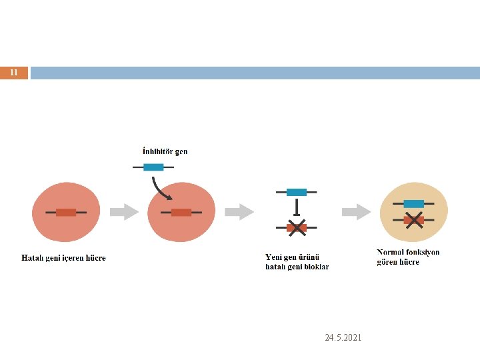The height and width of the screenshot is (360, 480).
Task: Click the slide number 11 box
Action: coord(14,73)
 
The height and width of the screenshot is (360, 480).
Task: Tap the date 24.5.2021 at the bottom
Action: coord(343,338)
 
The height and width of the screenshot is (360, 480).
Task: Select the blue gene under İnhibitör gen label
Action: coord(153,167)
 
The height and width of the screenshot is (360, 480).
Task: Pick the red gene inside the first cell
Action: coord(66,212)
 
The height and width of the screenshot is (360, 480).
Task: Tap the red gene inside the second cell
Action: coord(181,212)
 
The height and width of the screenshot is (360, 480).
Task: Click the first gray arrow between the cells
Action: coord(123,212)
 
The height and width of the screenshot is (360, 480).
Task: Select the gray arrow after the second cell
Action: coord(239,212)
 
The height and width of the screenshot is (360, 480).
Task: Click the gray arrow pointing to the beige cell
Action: coord(356,212)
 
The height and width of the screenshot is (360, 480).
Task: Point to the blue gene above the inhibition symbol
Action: coord(297,192)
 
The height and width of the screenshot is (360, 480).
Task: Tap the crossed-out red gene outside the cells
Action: coord(297,227)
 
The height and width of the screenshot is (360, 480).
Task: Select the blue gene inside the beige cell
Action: coord(414,203)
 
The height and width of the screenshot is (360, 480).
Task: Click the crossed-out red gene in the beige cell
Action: coord(414,219)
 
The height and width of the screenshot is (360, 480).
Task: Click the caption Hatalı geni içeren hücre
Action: coord(64,258)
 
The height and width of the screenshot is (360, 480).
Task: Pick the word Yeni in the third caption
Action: coord(273,257)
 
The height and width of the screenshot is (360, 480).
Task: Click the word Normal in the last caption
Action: coord(391,253)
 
